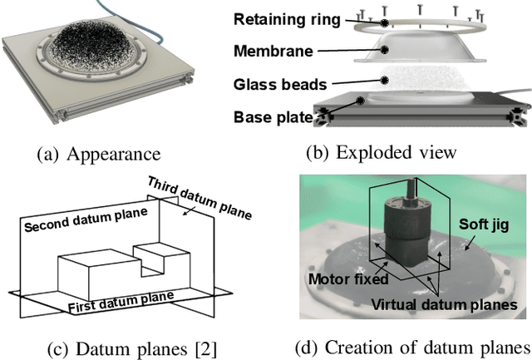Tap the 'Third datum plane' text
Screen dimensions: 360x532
pos(199,197)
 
